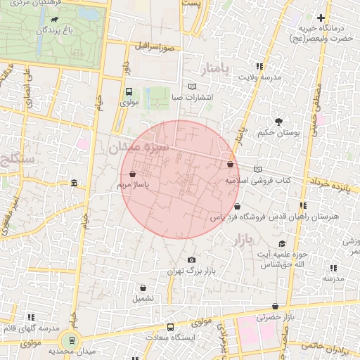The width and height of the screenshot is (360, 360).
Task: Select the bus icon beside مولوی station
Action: point(128,91)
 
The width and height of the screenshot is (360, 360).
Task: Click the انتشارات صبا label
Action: point(193,98)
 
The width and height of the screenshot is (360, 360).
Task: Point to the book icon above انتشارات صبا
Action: point(193,86)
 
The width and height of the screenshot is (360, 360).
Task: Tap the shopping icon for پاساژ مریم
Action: point(132,174)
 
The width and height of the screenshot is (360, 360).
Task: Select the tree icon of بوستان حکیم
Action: point(279,121)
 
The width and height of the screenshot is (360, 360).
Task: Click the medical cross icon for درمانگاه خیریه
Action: point(321,18)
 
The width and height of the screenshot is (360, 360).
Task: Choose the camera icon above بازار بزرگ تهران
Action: point(191,259)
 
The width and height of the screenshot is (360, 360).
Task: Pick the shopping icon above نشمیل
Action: point(143,287)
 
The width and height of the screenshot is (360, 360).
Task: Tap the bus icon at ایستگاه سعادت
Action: point(170,327)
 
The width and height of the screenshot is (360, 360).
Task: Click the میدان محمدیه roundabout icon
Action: point(72,340)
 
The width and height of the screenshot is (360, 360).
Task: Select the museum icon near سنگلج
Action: point(75,184)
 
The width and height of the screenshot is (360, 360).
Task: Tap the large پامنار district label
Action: point(215,70)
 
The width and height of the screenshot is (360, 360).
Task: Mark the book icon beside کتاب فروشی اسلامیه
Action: point(257,169)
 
